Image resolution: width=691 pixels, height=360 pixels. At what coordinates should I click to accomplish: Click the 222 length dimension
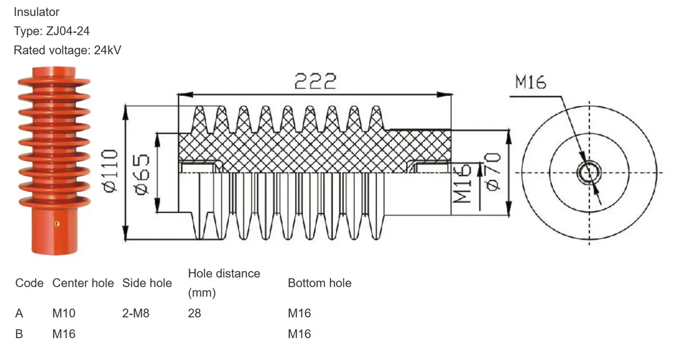point(315,82)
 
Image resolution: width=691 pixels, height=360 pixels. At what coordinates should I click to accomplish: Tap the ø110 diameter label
point(110,171)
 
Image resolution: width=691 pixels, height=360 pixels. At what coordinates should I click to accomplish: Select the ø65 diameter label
point(143,174)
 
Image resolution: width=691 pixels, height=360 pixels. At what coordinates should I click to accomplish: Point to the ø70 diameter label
point(493,171)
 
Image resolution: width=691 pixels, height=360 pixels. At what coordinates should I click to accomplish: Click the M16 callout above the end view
point(530,82)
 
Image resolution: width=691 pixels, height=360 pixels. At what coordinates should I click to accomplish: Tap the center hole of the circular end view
point(589,172)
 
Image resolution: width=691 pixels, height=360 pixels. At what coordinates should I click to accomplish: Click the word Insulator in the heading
point(36,12)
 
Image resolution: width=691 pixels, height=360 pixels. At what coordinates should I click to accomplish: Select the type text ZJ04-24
point(68,31)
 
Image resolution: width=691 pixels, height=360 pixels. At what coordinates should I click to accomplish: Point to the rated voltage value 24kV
point(108,50)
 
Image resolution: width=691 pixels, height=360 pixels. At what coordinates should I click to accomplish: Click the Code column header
point(29,283)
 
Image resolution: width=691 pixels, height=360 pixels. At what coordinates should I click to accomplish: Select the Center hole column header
point(83,283)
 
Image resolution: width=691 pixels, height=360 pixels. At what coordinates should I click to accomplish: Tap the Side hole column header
point(147,283)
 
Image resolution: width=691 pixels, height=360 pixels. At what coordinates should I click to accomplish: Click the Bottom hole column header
point(320,283)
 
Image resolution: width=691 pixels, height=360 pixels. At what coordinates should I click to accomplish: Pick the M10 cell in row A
point(63,313)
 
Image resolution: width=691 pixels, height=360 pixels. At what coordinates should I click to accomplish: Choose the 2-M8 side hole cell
point(136,313)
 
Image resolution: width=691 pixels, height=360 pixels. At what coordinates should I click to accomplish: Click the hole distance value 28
point(194,313)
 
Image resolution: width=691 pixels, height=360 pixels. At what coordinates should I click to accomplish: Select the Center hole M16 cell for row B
point(63,334)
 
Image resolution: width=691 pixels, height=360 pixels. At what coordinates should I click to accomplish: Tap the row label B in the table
point(19,334)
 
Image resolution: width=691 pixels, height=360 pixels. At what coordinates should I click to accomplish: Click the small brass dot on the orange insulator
point(57,223)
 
